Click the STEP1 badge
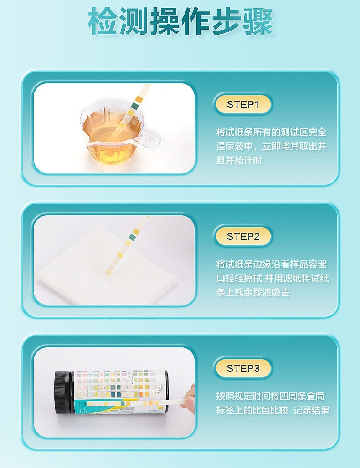[242, 104]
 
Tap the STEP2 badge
[242, 236]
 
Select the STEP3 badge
[242, 368]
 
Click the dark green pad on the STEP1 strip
[135, 105]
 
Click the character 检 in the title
[102, 21]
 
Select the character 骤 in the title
[257, 21]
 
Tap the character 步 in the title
[226, 21]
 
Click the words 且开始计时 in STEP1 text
[239, 160]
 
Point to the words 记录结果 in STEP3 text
[311, 410]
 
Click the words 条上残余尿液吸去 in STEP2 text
[253, 292]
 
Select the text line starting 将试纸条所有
[271, 132]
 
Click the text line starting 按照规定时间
[270, 396]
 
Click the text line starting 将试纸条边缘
[271, 264]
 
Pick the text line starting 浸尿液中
[271, 146]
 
